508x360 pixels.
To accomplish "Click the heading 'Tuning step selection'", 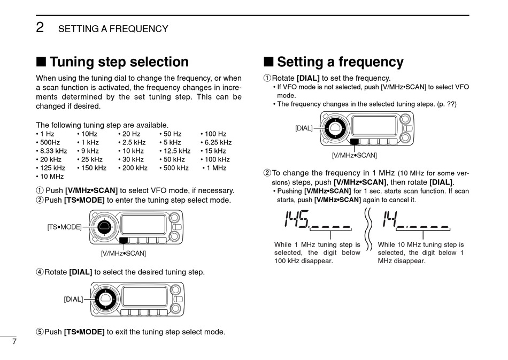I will [x=119, y=63].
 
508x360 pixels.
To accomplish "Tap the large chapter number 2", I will [x=40, y=27].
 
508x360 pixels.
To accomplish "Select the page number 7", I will [x=15, y=342].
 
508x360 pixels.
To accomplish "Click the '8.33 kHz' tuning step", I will [x=51, y=151].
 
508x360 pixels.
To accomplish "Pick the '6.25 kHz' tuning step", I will [x=216, y=142].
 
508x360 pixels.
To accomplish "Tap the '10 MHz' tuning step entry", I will [x=50, y=176].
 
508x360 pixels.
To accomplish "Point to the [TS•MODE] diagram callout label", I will [x=64, y=227].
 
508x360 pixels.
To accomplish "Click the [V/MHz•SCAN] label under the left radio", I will [x=123, y=252].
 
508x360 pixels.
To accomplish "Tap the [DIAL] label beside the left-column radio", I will [x=73, y=299].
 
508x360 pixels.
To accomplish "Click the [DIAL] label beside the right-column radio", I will [x=304, y=128].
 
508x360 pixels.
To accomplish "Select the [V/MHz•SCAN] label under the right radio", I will [x=354, y=155].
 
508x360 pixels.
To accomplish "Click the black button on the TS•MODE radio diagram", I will [x=124, y=240].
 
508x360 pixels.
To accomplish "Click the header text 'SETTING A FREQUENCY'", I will [x=113, y=29].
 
